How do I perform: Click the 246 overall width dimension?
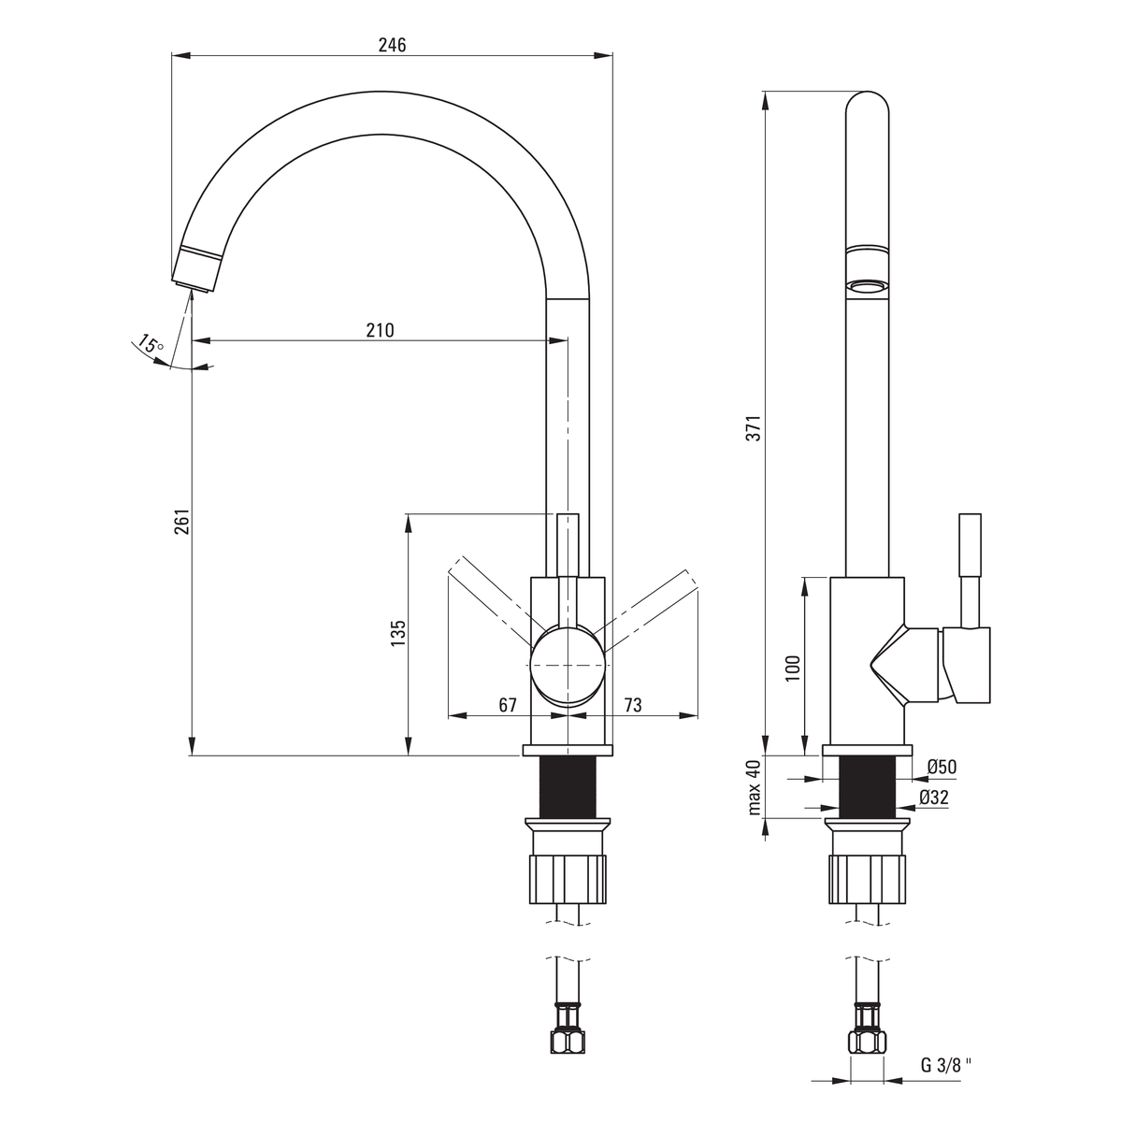[392, 45]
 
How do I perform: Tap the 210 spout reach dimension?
[380, 330]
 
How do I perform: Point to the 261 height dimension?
[182, 521]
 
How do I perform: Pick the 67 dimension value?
[507, 705]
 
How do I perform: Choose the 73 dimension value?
[632, 705]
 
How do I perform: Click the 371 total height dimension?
[753, 428]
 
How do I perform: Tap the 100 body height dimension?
[793, 668]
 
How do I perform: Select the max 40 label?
[754, 787]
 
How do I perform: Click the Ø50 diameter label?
[942, 767]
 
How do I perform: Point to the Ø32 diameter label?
[934, 798]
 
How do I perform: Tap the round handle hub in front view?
[568, 665]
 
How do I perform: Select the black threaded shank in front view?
[568, 786]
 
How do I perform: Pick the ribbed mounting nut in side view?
[868, 879]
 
